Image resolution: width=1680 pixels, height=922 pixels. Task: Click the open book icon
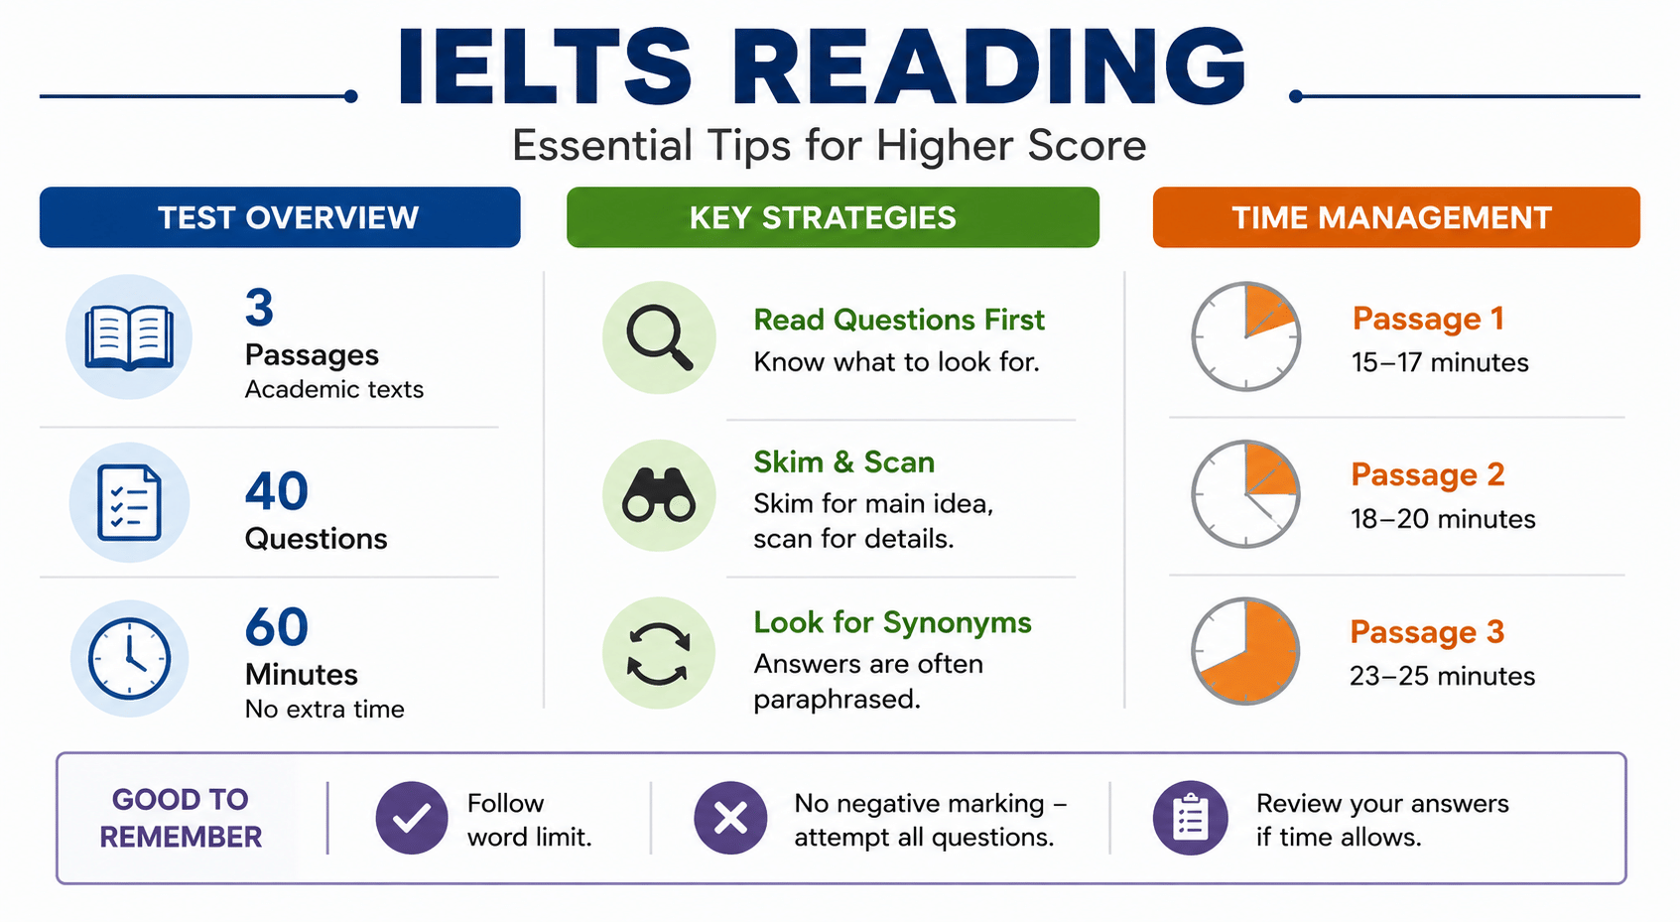[x=129, y=337]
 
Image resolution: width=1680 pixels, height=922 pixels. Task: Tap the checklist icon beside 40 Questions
[x=129, y=502]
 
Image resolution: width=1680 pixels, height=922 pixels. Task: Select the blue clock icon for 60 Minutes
[x=129, y=659]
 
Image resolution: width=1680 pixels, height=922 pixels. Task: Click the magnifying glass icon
[x=659, y=337]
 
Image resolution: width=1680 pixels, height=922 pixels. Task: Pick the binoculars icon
[x=659, y=495]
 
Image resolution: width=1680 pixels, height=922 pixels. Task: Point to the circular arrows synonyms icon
[x=659, y=653]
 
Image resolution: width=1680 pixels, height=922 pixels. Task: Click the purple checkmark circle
[x=412, y=818]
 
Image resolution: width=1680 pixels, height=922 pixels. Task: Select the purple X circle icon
[x=730, y=818]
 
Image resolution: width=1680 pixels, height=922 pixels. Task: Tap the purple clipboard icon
[x=1190, y=818]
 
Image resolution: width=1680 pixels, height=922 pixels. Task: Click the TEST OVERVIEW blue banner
[x=280, y=217]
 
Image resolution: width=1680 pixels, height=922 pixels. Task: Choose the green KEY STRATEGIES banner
[x=833, y=217]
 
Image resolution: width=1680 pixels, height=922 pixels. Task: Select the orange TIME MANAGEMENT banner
[x=1396, y=217]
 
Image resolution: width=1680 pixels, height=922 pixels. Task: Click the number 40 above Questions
[x=277, y=491]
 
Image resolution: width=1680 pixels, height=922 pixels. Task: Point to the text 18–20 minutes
[x=1443, y=519]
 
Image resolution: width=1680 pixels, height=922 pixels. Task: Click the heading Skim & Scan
[x=843, y=462]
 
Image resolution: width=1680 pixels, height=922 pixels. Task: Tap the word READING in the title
[x=987, y=66]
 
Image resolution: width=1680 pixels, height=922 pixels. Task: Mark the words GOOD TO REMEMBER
[x=181, y=818]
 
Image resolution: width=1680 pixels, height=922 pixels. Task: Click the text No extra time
[x=324, y=709]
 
